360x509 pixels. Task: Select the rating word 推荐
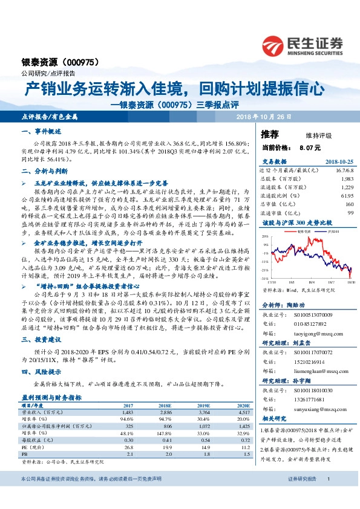(x=270, y=135)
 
